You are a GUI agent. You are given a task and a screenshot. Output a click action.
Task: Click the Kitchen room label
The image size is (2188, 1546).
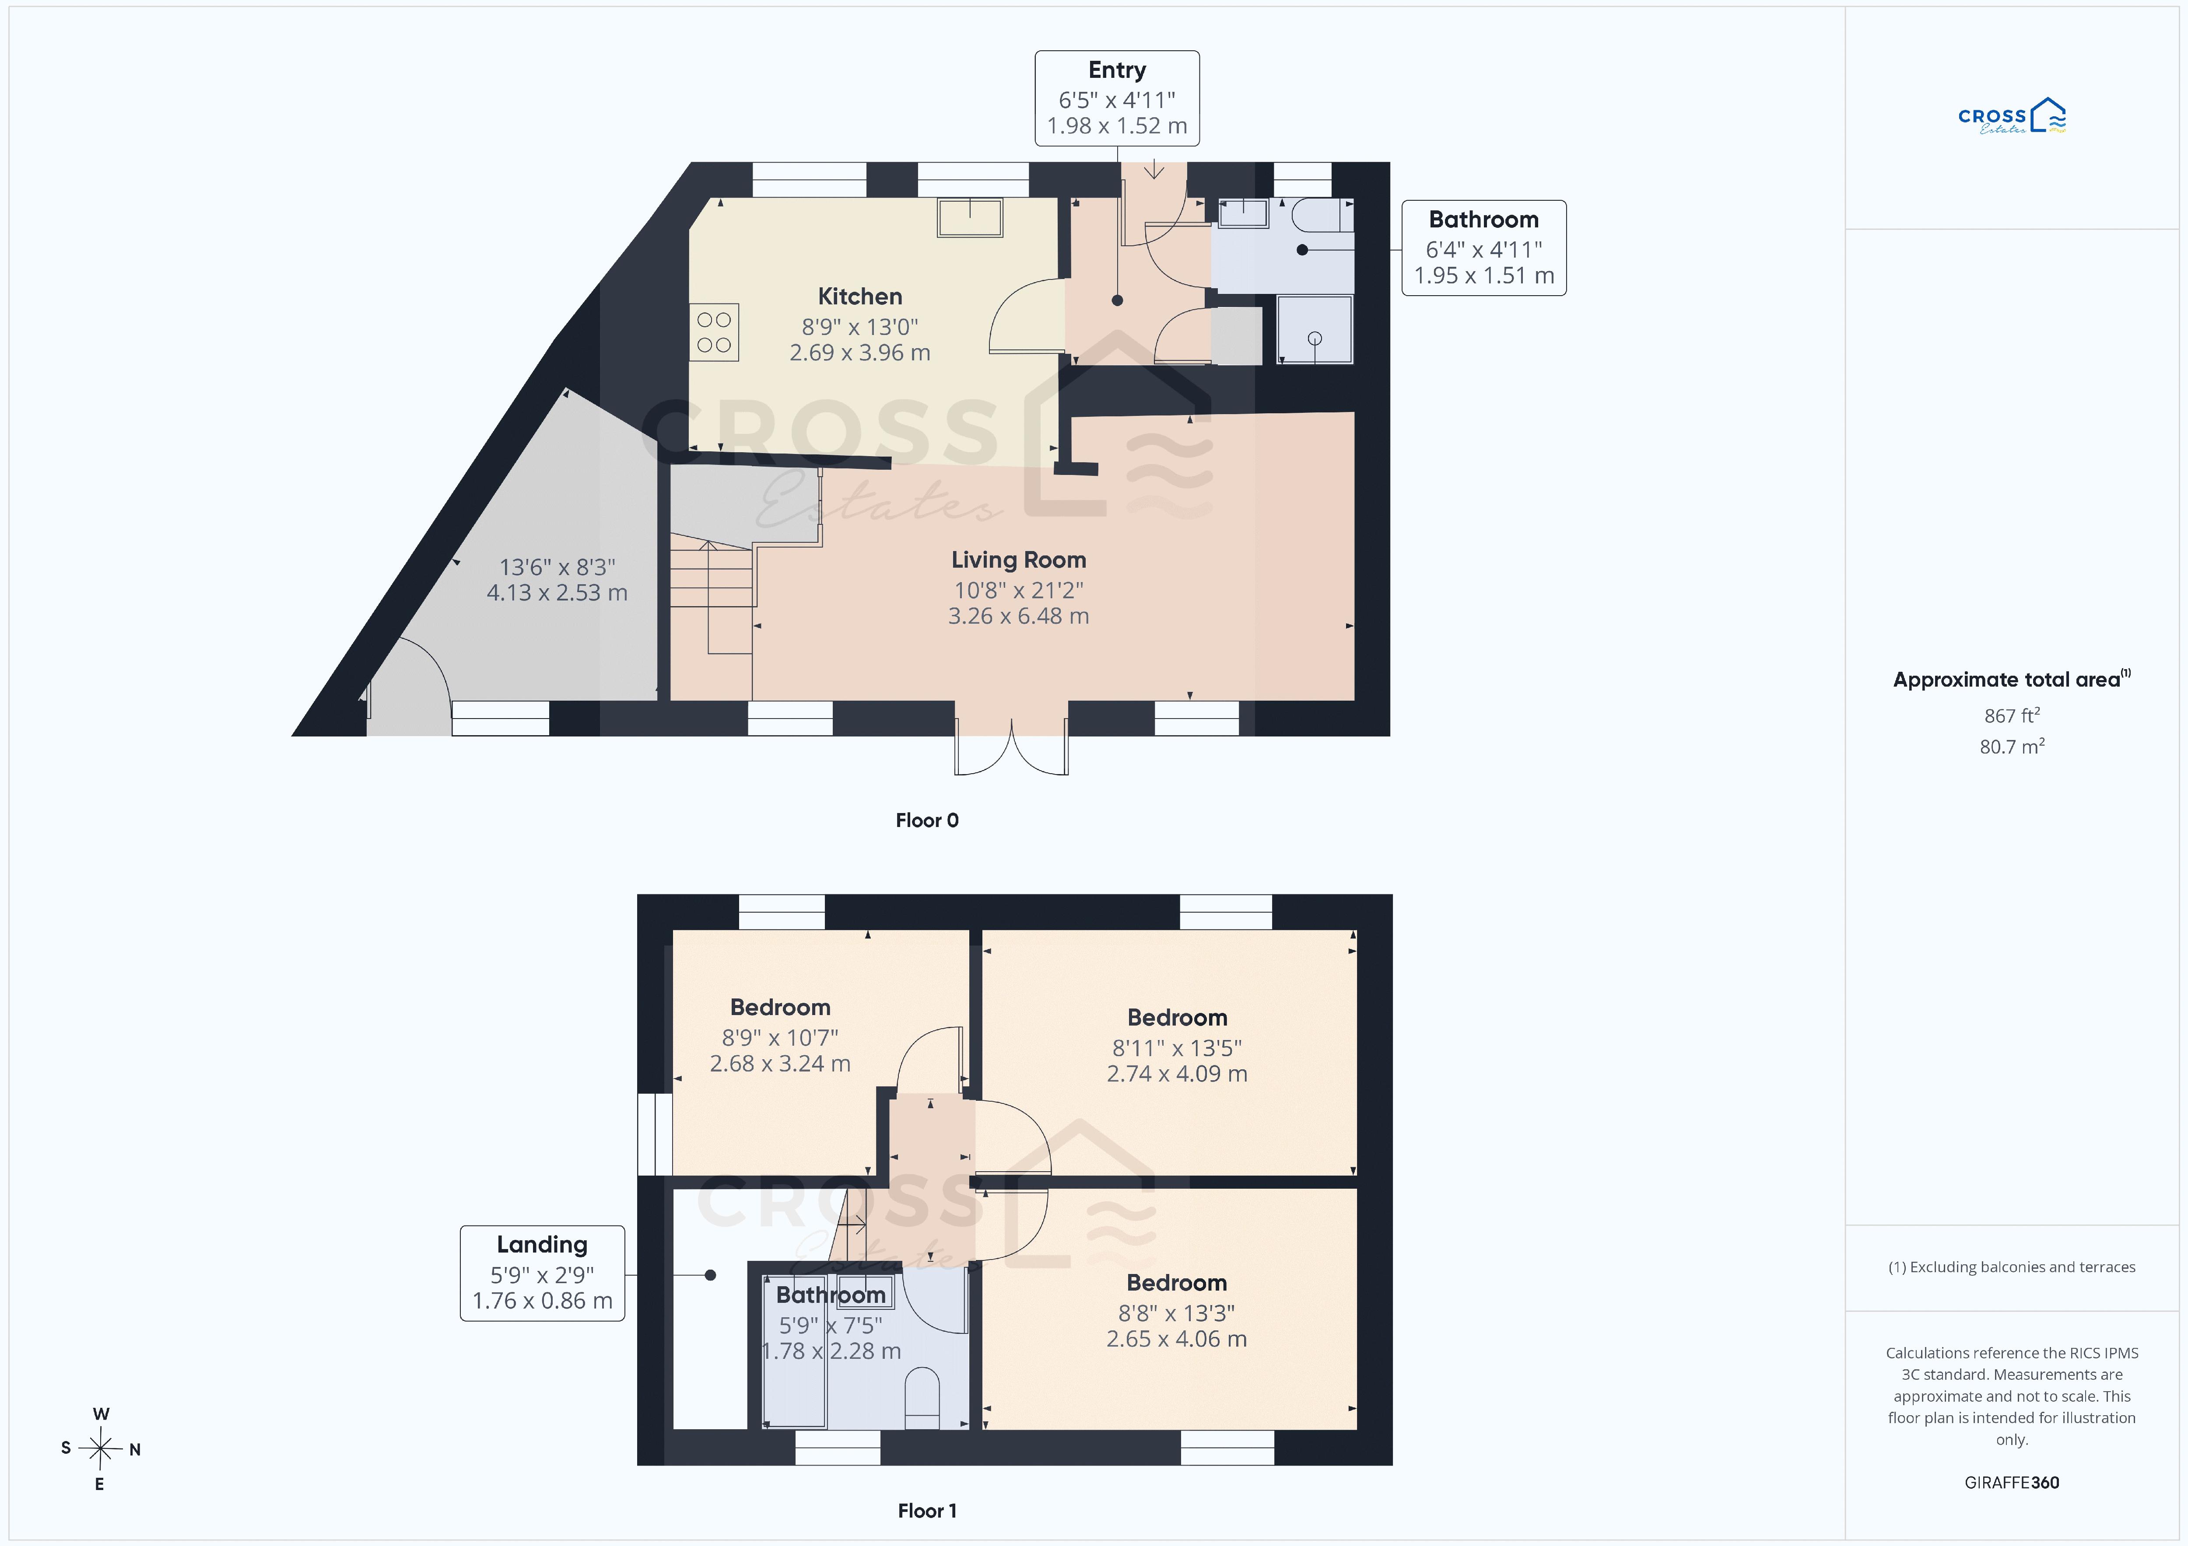pyautogui.click(x=859, y=296)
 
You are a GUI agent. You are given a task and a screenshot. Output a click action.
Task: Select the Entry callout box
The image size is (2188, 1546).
pyautogui.click(x=1117, y=98)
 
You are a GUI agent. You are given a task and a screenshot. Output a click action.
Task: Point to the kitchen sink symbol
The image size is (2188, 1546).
pyautogui.click(x=970, y=217)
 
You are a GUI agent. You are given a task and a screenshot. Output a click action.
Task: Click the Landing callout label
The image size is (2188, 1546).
pyautogui.click(x=542, y=1273)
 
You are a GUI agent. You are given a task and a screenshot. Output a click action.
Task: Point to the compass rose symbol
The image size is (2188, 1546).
pyautogui.click(x=100, y=1449)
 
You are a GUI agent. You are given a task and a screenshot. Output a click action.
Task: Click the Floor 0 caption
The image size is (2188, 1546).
pyautogui.click(x=926, y=820)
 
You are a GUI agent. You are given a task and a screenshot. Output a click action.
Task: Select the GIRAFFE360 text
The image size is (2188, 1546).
pyautogui.click(x=2012, y=1482)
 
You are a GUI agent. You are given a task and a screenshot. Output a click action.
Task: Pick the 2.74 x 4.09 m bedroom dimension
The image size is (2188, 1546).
pyautogui.click(x=1177, y=1074)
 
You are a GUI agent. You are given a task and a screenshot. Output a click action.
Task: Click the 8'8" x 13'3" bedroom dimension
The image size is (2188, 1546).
pyautogui.click(x=1177, y=1312)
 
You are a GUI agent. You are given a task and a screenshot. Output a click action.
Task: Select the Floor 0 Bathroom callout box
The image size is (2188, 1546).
pyautogui.click(x=1484, y=248)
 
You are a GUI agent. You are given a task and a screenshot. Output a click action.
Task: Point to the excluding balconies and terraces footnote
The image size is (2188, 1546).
pyautogui.click(x=2012, y=1267)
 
